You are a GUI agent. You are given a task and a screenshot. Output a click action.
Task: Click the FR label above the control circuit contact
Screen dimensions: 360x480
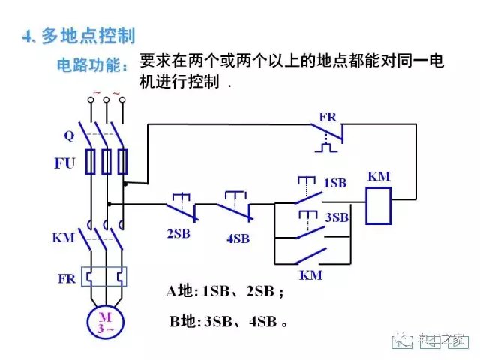tap(328, 118)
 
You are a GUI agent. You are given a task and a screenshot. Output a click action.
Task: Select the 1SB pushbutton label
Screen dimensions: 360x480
tap(334, 183)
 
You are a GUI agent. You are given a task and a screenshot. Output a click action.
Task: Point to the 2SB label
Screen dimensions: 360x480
tap(178, 233)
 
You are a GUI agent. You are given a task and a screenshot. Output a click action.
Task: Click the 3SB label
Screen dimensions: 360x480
tap(337, 218)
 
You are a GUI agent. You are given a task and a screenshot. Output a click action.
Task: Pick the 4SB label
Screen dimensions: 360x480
tap(238, 239)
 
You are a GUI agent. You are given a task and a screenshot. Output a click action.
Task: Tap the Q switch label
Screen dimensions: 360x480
tap(69, 136)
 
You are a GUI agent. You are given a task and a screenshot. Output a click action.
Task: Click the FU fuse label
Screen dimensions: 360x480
tap(64, 163)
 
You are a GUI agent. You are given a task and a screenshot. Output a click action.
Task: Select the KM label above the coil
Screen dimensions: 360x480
tap(379, 177)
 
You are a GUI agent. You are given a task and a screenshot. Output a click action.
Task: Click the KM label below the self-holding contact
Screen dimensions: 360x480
tap(310, 275)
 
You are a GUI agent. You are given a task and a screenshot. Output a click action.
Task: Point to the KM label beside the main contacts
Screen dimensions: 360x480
tap(63, 238)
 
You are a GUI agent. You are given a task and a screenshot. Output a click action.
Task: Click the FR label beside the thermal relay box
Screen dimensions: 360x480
tap(66, 278)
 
